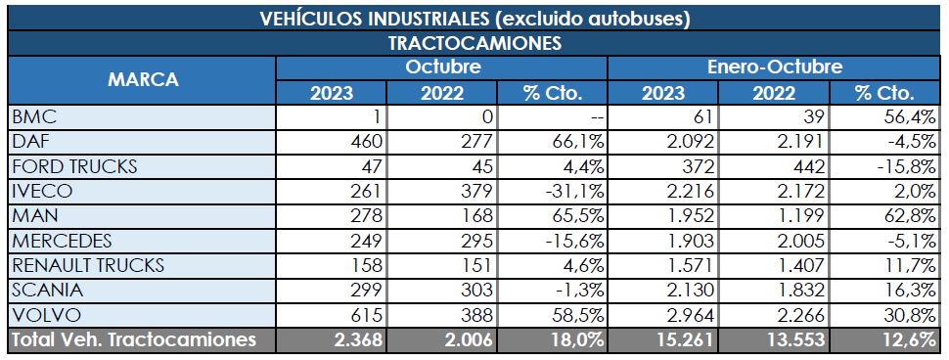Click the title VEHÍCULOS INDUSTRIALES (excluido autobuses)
tap(474, 19)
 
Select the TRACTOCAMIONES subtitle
tap(474, 44)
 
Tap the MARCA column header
tap(142, 80)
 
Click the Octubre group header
tap(441, 68)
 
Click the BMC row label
tap(31, 117)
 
